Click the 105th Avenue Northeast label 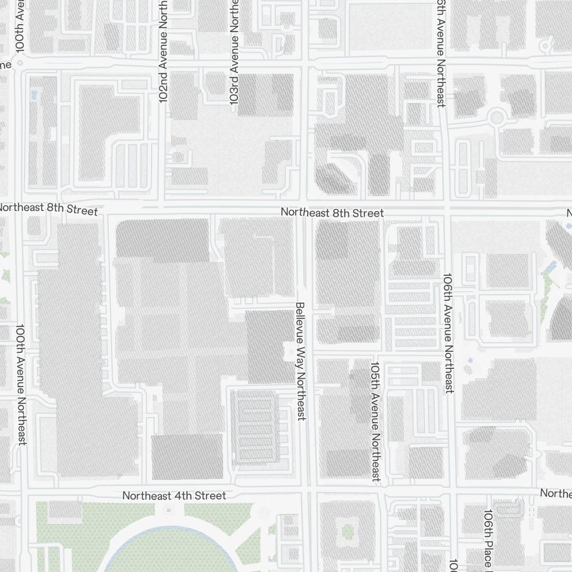point(375,421)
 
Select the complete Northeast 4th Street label point(174,495)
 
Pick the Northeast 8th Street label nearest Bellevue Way point(332,213)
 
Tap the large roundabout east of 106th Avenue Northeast point(496,118)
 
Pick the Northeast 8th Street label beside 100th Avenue point(48,208)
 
